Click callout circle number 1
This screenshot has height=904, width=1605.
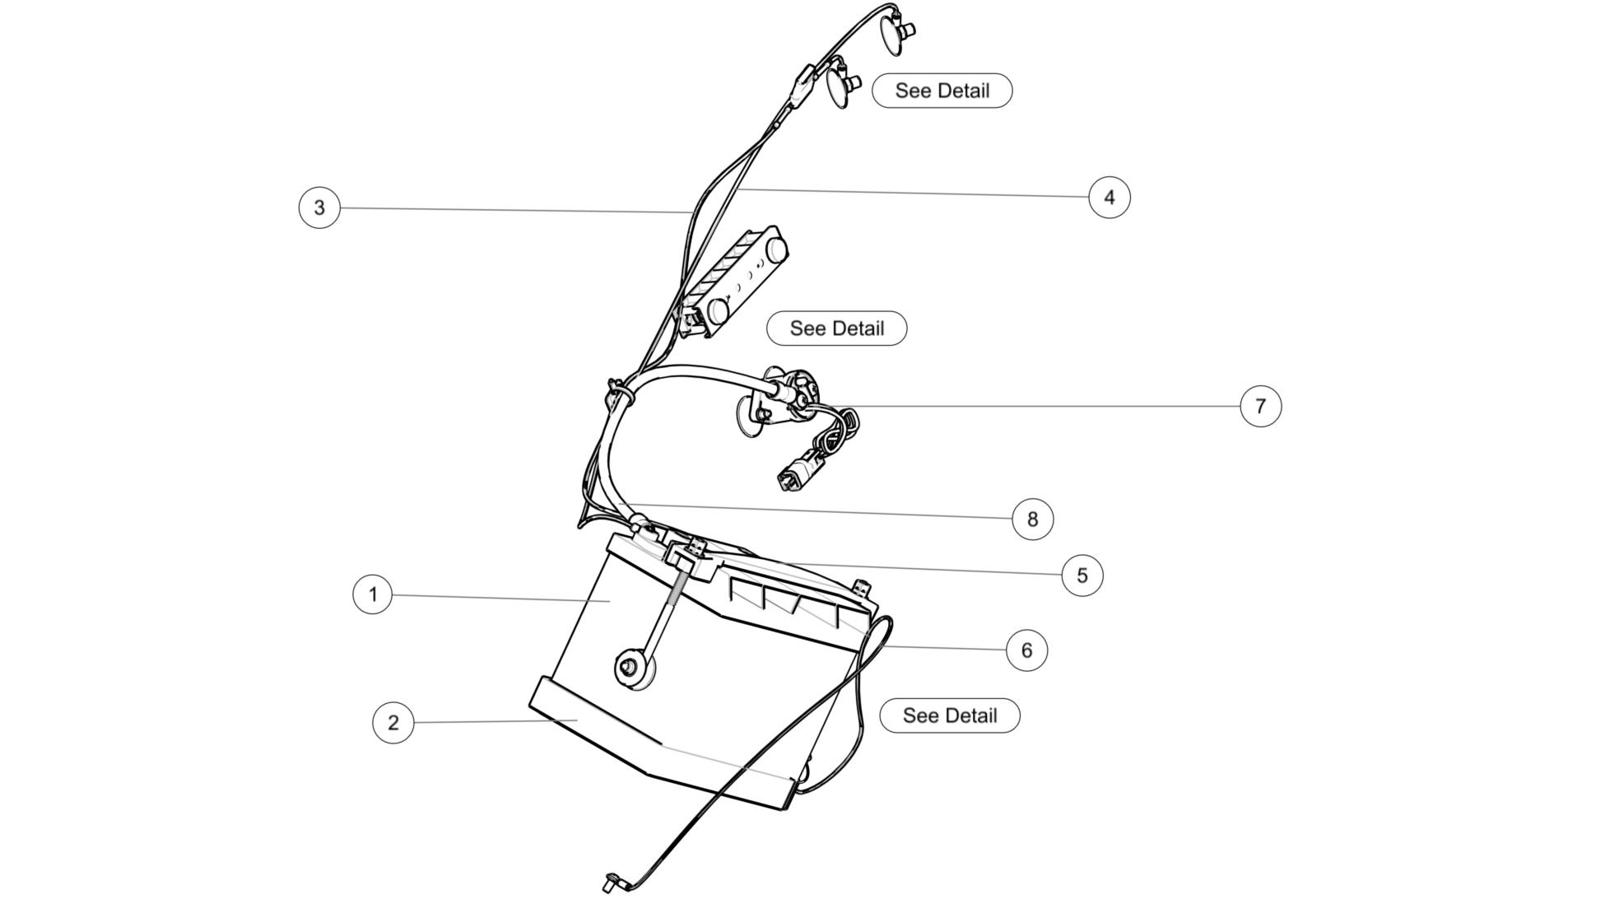373,594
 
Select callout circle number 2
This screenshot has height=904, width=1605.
393,723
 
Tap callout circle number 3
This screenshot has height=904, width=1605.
319,207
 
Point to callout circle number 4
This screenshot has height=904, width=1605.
1110,198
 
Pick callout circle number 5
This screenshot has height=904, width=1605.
1082,575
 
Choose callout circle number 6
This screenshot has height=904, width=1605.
1027,650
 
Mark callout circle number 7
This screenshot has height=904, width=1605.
1261,406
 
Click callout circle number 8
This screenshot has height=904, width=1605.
1033,520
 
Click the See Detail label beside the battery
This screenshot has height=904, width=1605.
950,715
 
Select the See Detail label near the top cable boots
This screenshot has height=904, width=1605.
942,91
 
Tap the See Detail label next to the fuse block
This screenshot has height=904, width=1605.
837,329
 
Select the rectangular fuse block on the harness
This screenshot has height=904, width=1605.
732,282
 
